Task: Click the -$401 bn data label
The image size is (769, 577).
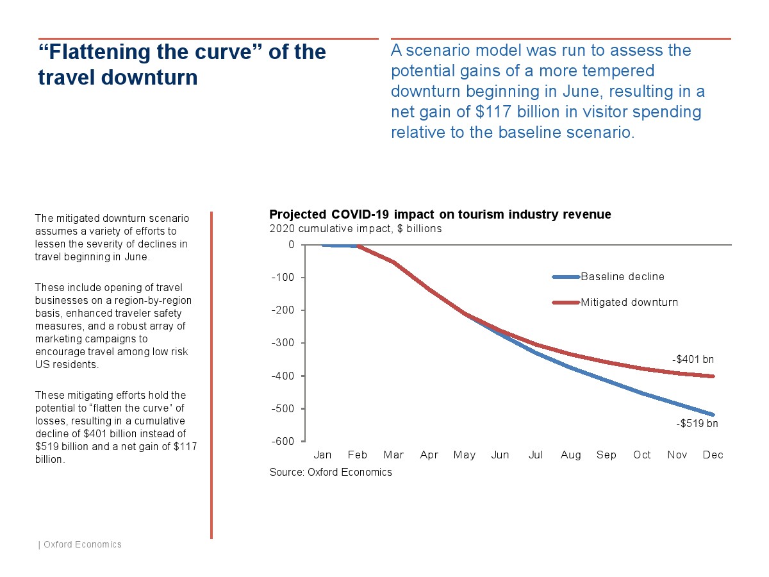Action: point(693,360)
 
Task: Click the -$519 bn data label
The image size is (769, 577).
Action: point(697,424)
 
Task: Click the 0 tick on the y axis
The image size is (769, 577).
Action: point(292,244)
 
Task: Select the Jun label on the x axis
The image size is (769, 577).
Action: point(500,455)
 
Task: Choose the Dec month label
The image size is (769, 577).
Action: point(713,455)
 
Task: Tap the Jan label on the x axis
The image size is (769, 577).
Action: point(322,455)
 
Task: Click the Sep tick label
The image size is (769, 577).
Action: point(606,455)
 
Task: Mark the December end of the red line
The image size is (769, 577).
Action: point(713,376)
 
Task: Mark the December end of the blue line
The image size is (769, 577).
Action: point(713,415)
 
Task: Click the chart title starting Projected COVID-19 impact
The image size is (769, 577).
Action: point(440,214)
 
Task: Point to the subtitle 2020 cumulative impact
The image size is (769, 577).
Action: point(355,228)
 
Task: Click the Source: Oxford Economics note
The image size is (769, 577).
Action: point(330,472)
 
